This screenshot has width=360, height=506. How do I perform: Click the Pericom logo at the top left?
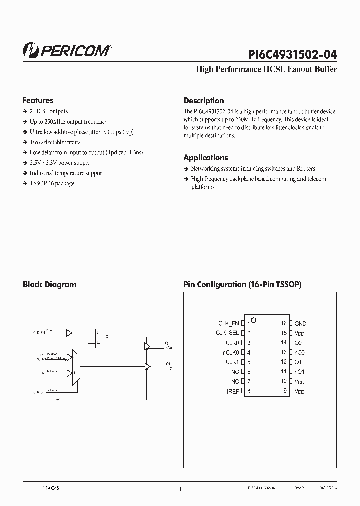[67, 49]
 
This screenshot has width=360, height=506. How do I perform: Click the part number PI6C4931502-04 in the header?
[292, 54]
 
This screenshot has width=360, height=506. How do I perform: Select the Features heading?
[38, 100]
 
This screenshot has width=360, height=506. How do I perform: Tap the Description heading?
[204, 100]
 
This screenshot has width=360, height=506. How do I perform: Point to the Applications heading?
[206, 158]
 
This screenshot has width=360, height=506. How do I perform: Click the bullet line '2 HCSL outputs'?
[48, 111]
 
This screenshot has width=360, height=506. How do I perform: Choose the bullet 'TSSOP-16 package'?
[52, 183]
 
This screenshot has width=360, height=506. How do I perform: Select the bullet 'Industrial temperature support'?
[67, 173]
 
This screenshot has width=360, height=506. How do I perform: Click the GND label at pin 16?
[300, 324]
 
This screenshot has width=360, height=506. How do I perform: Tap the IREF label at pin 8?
[233, 391]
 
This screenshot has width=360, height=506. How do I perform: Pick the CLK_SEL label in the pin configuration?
[227, 333]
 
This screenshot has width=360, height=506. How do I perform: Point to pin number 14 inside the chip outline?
[283, 343]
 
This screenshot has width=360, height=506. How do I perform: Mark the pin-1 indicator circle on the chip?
[254, 320]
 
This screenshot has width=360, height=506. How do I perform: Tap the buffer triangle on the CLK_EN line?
[69, 332]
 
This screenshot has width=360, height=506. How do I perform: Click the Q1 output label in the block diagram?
[168, 363]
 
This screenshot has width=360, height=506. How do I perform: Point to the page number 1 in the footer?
[180, 490]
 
